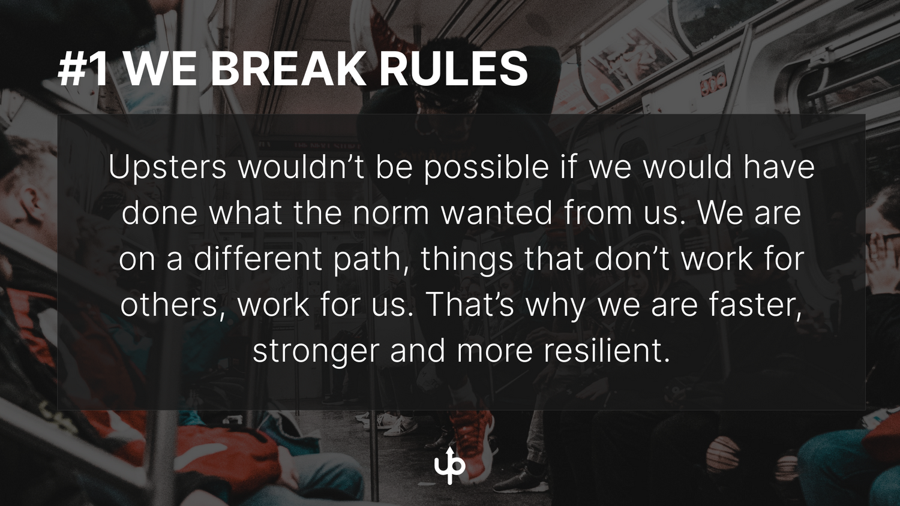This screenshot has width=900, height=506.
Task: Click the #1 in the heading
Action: [83, 69]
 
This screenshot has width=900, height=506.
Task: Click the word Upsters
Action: [167, 167]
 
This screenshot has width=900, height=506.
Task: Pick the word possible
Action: [486, 167]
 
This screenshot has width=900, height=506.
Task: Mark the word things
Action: [467, 259]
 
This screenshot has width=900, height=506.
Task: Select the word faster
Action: [755, 305]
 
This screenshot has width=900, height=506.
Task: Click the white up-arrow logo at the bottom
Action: [450, 466]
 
